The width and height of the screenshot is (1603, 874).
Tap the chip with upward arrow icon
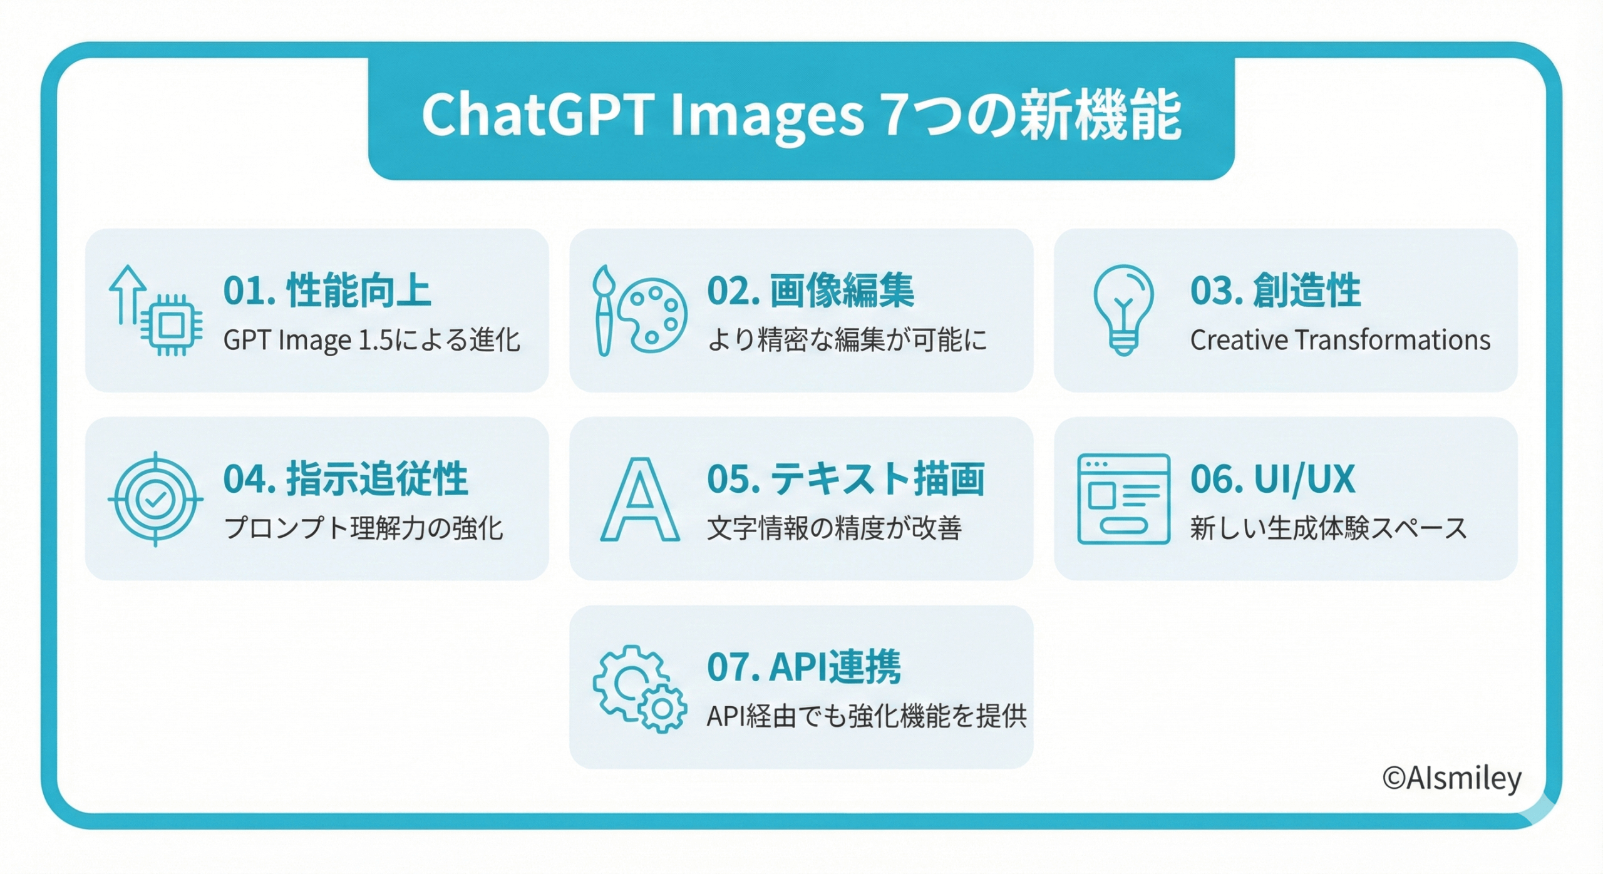[155, 311]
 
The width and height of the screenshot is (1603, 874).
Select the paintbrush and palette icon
[639, 311]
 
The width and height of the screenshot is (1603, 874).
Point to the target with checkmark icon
[155, 499]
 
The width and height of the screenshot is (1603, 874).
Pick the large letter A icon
[639, 499]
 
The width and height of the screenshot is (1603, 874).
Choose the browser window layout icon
[1123, 499]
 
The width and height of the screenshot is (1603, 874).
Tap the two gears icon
[639, 688]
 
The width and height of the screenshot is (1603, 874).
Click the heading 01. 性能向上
[327, 290]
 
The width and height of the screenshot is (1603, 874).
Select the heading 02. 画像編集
[811, 290]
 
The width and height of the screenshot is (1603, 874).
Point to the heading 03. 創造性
[1276, 290]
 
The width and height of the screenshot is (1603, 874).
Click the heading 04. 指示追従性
[346, 479]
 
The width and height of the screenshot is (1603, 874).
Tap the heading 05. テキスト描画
[846, 479]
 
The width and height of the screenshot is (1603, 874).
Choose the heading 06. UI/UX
[1273, 479]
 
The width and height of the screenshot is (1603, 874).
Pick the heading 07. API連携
[804, 667]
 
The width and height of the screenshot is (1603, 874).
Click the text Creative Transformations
[1340, 340]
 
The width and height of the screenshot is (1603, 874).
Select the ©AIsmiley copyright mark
[1451, 779]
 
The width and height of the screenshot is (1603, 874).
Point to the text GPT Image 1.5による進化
[372, 341]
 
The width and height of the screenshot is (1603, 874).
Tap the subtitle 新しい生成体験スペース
[1329, 528]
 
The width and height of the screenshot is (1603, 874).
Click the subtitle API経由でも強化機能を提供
[867, 716]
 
